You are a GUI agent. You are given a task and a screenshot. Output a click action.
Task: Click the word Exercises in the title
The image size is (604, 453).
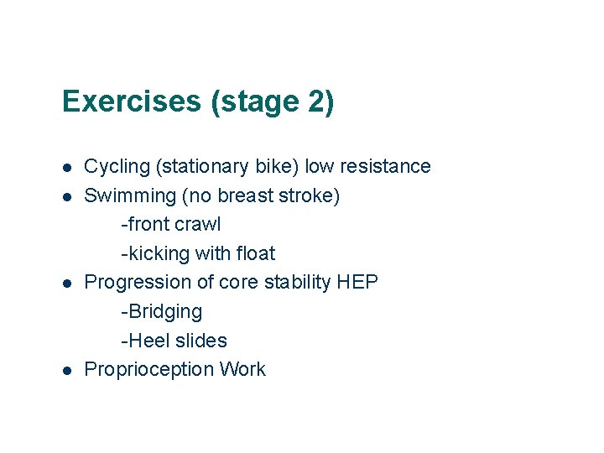pyautogui.click(x=133, y=102)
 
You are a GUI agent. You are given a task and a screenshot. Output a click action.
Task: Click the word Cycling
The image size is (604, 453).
pyautogui.click(x=117, y=167)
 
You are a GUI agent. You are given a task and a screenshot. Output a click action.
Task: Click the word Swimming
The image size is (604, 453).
pyautogui.click(x=128, y=195)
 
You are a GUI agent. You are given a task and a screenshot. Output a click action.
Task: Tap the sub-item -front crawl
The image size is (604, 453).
pyautogui.click(x=171, y=225)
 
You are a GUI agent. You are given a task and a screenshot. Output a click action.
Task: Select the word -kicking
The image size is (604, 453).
pyautogui.click(x=155, y=253)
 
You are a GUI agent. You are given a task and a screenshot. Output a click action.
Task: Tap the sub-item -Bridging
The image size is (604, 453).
pyautogui.click(x=162, y=312)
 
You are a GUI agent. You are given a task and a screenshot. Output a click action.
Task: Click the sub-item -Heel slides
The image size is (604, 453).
pyautogui.click(x=174, y=341)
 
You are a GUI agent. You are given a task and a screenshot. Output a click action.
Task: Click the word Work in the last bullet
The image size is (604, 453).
pyautogui.click(x=242, y=370)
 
